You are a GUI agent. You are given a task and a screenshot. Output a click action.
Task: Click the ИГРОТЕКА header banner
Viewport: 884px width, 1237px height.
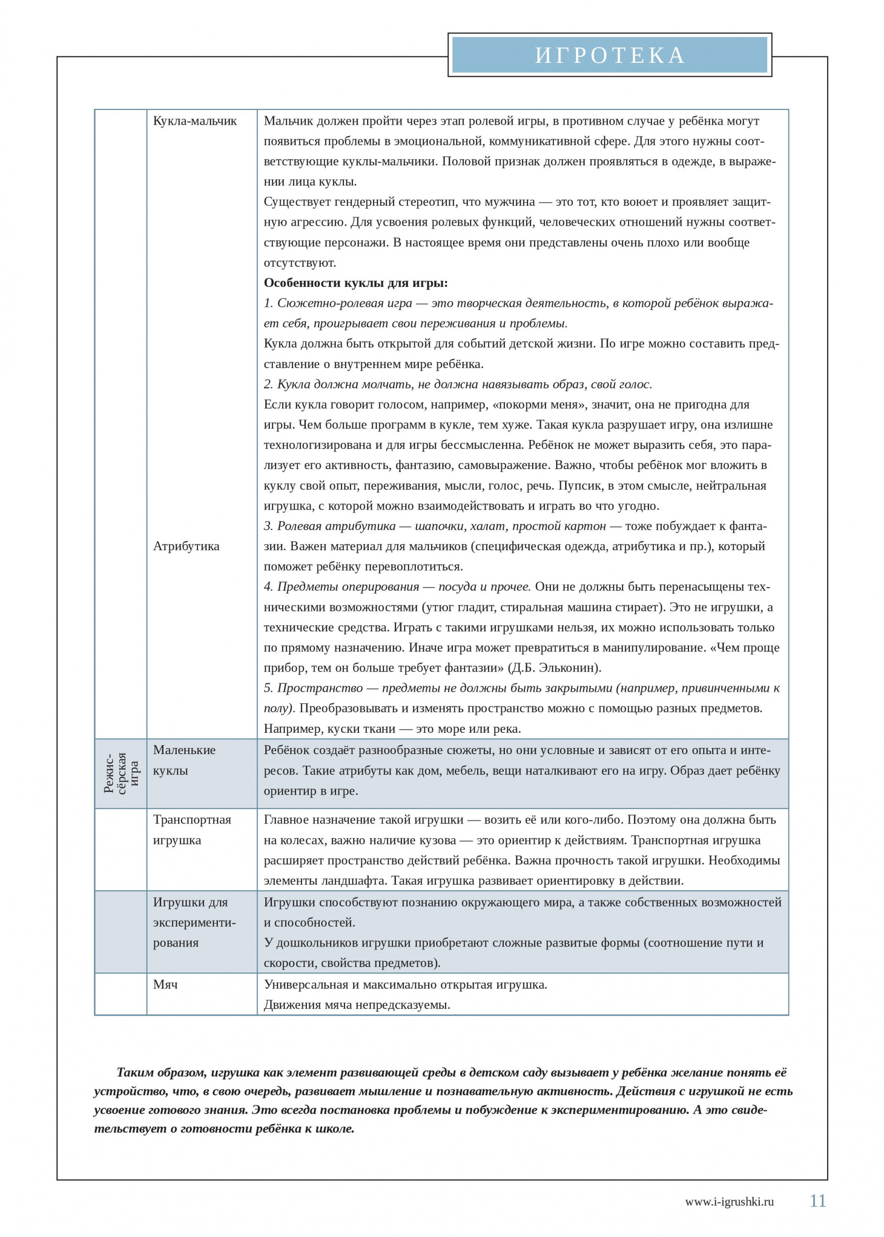609,55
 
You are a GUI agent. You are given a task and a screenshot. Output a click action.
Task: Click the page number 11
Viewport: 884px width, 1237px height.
818,1200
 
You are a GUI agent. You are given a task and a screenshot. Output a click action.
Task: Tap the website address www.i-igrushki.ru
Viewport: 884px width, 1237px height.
729,1202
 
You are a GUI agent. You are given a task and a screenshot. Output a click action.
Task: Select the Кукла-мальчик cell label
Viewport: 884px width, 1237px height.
195,121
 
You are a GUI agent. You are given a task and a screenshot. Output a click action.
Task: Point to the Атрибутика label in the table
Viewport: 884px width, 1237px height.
186,546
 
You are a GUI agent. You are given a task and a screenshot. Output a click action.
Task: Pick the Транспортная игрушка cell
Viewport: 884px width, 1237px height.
192,829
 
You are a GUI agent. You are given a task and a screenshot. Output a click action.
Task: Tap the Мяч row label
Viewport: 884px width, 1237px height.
165,984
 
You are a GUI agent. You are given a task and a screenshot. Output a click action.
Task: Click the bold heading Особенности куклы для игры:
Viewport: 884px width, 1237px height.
355,283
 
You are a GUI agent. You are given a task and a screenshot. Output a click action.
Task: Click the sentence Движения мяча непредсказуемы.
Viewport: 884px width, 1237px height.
356,1004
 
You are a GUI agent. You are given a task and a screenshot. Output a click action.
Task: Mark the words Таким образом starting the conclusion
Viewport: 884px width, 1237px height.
161,1072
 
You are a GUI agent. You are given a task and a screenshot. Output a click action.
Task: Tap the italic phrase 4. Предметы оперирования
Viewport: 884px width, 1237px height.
342,586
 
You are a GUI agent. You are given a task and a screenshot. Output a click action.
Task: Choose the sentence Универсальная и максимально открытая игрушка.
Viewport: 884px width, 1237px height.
405,984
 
